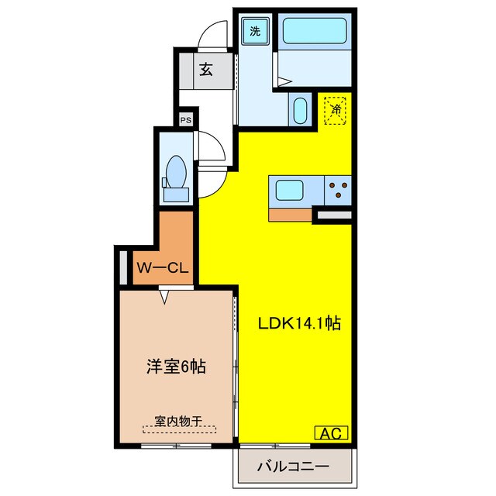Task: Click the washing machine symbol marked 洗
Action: (255, 32)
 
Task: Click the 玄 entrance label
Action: (206, 70)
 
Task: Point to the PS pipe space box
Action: (185, 120)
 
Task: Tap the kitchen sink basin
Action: (291, 189)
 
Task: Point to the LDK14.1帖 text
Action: (300, 322)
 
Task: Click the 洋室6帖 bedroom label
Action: (176, 367)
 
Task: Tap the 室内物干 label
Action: (177, 422)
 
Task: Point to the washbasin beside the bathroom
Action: (300, 108)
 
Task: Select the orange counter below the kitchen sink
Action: (292, 213)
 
